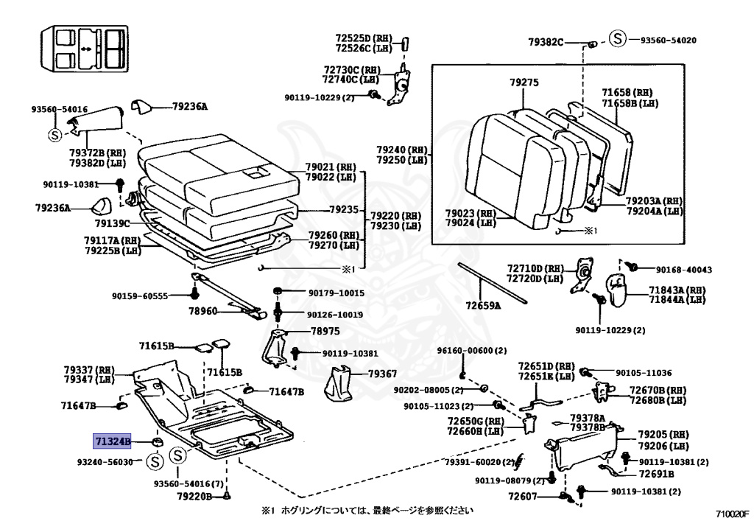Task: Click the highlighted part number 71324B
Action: pos(112,441)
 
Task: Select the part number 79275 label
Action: pos(524,83)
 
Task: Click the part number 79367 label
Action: pos(383,374)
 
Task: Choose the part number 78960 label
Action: pos(202,311)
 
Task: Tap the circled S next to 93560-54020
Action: pos(618,40)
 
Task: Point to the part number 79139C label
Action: pos(113,223)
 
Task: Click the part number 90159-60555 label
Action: pos(140,296)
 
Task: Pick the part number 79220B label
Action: pos(194,497)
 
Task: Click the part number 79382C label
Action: pos(546,42)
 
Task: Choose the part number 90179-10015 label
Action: pos(336,293)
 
